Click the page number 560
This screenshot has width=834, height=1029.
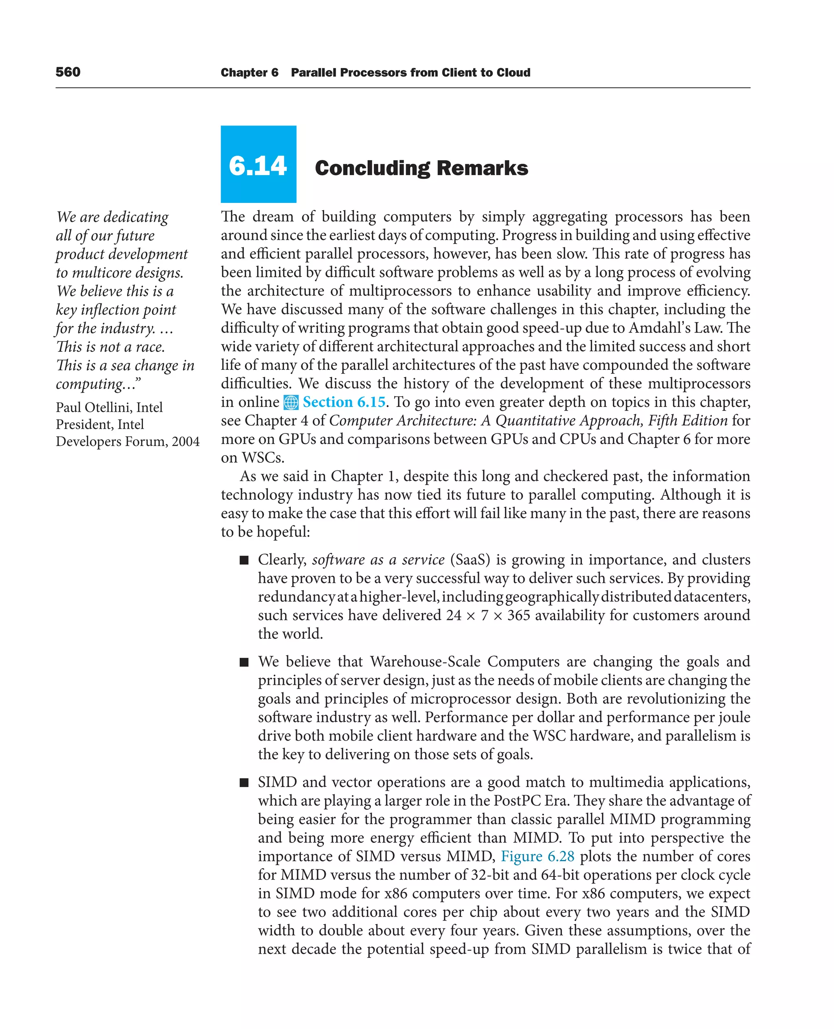[68, 72]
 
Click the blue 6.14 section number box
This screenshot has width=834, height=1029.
[258, 164]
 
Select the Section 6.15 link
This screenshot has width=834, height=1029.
[344, 402]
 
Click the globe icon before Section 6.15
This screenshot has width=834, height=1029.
[291, 402]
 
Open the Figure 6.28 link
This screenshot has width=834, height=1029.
[537, 856]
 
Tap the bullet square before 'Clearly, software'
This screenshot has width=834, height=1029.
[244, 560]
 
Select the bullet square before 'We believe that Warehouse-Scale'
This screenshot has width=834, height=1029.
[244, 662]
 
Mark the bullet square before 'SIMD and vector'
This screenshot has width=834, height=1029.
[244, 783]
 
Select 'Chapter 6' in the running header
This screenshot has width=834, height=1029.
[249, 73]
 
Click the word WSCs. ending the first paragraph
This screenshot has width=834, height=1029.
[263, 457]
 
